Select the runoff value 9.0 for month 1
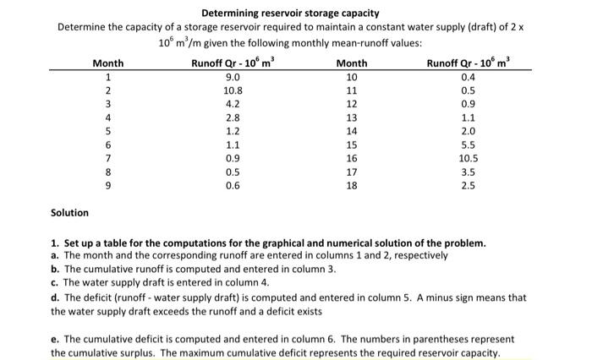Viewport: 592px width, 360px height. (233, 76)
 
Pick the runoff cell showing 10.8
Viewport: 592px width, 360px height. (233, 90)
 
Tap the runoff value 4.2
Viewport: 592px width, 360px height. (233, 104)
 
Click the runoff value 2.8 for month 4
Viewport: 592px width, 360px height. (233, 117)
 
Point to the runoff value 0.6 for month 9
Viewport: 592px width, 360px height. (233, 187)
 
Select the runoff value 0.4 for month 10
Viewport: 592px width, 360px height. (469, 76)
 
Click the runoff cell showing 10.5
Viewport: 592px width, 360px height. (469, 159)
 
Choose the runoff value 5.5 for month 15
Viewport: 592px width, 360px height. (469, 145)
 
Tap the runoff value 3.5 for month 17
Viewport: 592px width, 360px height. (469, 172)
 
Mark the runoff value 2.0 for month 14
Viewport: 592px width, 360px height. (469, 131)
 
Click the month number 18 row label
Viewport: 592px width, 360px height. (352, 187)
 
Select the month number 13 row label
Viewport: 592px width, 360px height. (352, 117)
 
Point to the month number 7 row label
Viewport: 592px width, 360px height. (107, 159)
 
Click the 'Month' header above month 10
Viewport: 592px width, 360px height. (352, 63)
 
